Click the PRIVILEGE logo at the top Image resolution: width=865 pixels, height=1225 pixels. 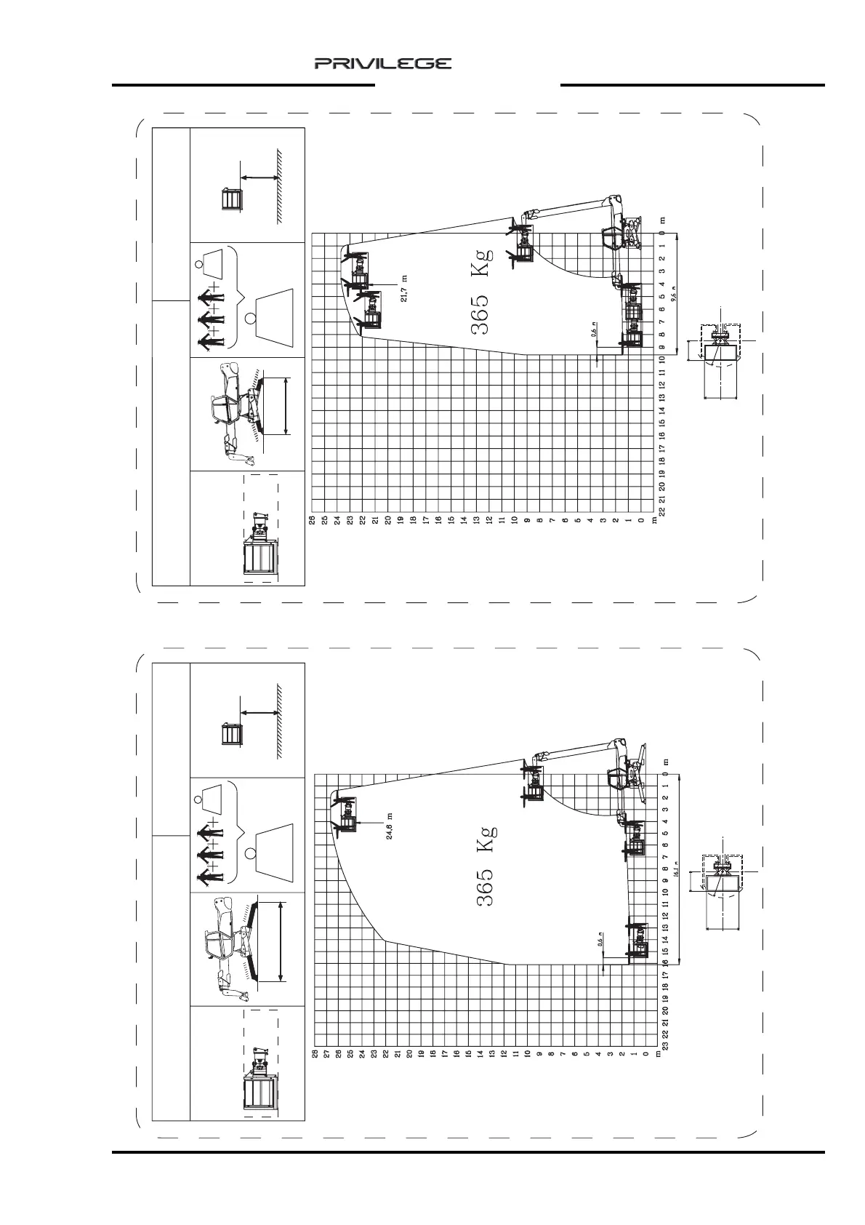(x=382, y=64)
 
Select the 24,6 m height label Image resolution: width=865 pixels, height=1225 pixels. (x=390, y=825)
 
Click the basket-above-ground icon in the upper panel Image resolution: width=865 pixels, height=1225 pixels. (x=231, y=199)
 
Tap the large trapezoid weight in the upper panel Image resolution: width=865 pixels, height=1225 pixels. (x=276, y=314)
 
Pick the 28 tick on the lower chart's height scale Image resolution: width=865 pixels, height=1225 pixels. (x=315, y=1053)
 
